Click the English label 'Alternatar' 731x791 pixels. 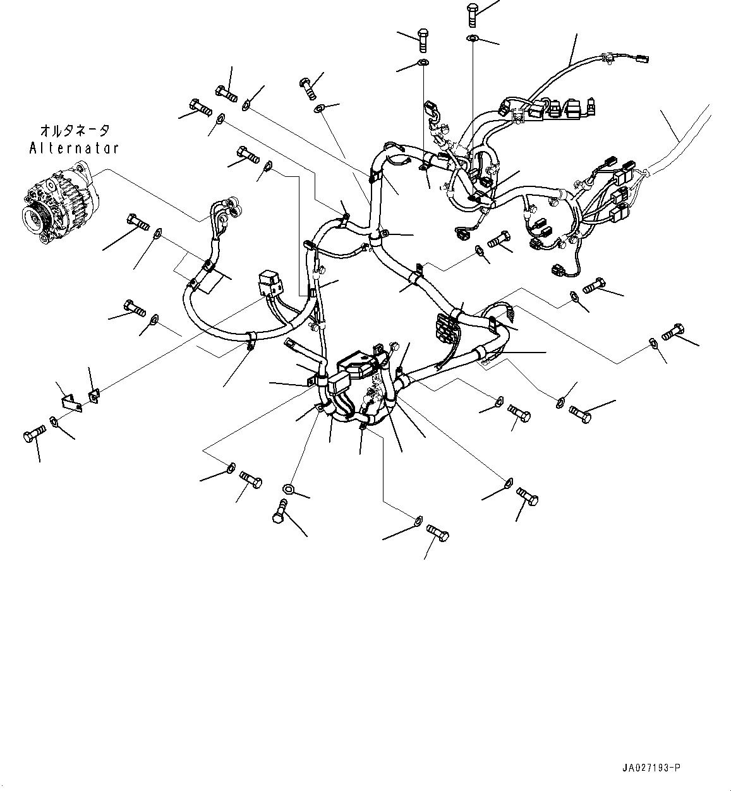click(74, 148)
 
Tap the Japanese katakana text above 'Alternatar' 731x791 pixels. click(74, 131)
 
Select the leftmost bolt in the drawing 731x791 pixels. click(33, 437)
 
